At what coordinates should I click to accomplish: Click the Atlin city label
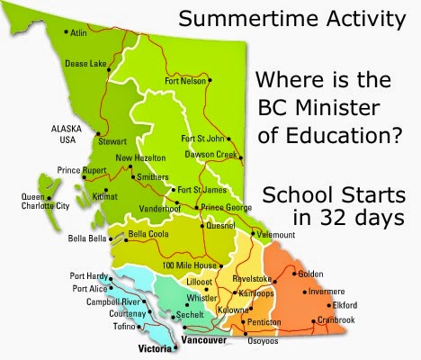click(x=78, y=32)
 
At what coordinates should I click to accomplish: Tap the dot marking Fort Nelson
click(x=210, y=80)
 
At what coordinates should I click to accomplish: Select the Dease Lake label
click(x=85, y=64)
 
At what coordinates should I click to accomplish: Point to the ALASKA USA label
click(x=67, y=134)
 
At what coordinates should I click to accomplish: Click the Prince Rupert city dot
click(x=85, y=177)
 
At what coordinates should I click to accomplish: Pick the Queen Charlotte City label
click(x=45, y=202)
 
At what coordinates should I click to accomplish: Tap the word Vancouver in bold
click(x=204, y=340)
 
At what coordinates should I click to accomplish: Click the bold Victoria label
click(x=155, y=348)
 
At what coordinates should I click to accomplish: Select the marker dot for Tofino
click(x=139, y=327)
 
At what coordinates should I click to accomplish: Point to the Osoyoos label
click(x=263, y=341)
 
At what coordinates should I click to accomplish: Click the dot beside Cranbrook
click(x=313, y=321)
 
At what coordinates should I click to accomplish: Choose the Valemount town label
click(x=276, y=235)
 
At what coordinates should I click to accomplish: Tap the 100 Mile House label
click(x=190, y=265)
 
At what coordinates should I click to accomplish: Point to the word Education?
click(x=345, y=135)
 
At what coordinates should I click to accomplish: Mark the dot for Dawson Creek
click(x=241, y=157)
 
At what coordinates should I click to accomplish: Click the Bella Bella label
click(x=87, y=238)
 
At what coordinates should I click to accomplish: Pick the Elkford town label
click(x=345, y=305)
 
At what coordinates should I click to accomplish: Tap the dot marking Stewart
click(x=98, y=134)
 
